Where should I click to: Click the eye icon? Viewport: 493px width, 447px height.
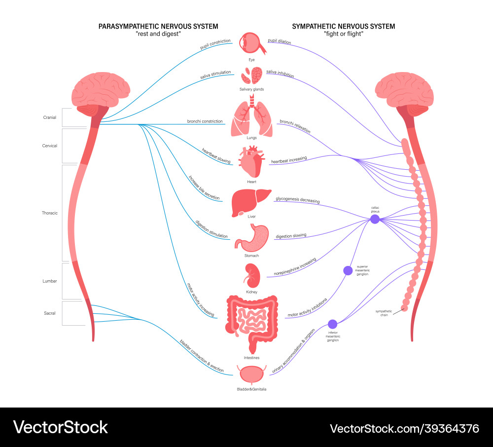click(x=251, y=44)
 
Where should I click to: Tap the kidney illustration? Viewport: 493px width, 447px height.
click(x=251, y=275)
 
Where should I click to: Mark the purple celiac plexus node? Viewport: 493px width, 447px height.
click(x=375, y=219)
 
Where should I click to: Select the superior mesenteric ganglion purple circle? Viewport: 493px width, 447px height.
click(x=348, y=270)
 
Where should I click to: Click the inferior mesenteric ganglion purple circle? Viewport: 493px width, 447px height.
click(x=333, y=324)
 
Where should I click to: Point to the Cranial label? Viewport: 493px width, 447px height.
click(x=49, y=117)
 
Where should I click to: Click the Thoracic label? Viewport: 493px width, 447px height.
click(x=49, y=213)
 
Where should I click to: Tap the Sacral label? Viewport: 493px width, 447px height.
click(x=49, y=313)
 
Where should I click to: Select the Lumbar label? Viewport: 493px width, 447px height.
click(x=49, y=281)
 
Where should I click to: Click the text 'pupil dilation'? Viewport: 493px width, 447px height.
click(x=279, y=42)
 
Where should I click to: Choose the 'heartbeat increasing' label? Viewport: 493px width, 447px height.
click(x=289, y=160)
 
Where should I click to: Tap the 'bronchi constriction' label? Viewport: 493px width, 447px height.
click(x=205, y=121)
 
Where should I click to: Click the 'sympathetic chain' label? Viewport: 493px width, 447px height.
click(x=384, y=313)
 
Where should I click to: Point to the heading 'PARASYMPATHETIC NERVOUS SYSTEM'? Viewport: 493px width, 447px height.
click(x=158, y=26)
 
